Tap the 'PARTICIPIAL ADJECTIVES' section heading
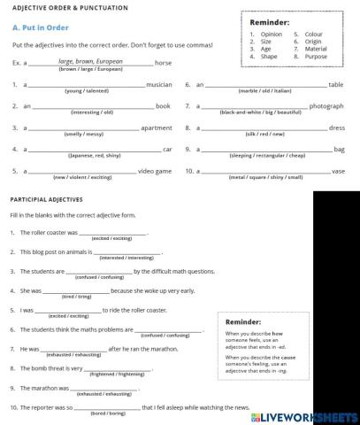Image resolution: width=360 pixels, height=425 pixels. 47,199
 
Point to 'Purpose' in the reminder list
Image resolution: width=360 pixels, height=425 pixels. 314,56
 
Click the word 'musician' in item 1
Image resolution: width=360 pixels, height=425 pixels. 159,84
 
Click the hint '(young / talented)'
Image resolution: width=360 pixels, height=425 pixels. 88,91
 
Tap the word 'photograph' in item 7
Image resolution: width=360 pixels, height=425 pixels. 326,105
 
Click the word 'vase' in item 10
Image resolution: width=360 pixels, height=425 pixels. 338,170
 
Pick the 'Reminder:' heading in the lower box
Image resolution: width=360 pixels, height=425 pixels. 243,321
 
